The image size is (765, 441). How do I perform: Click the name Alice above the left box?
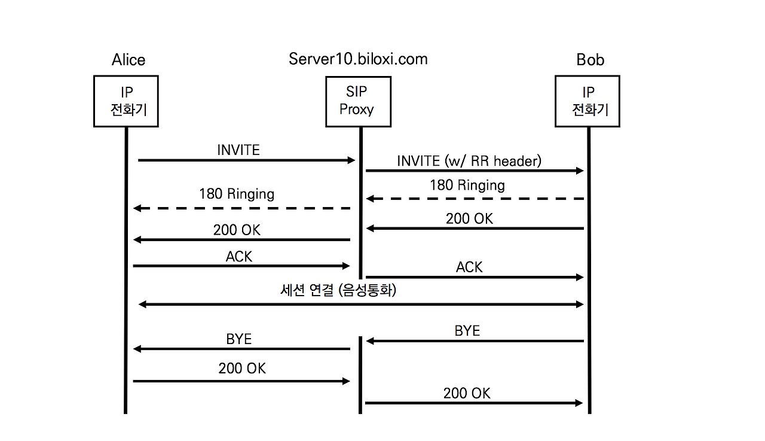click(128, 60)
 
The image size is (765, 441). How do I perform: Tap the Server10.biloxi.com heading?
click(358, 59)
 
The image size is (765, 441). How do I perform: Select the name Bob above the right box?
click(590, 60)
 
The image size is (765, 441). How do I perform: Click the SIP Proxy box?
click(358, 101)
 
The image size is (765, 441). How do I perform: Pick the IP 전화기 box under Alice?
click(126, 101)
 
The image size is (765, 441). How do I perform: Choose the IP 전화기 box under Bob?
click(587, 101)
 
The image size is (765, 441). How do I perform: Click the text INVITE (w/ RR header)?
click(469, 160)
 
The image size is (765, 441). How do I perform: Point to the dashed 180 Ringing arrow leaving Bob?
click(475, 198)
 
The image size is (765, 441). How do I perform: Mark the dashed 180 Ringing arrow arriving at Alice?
click(241, 208)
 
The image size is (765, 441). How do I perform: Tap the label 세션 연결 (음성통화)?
click(338, 291)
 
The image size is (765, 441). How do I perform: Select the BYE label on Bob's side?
click(467, 330)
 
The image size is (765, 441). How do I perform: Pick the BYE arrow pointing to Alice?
click(241, 349)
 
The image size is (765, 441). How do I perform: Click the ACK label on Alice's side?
click(239, 256)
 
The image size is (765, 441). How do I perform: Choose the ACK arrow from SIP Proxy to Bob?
click(475, 277)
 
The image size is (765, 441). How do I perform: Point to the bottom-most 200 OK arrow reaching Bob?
click(473, 403)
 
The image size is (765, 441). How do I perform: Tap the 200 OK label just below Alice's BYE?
click(242, 369)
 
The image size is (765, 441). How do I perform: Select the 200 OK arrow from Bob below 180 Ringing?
click(475, 229)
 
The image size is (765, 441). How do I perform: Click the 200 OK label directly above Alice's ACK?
click(237, 230)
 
